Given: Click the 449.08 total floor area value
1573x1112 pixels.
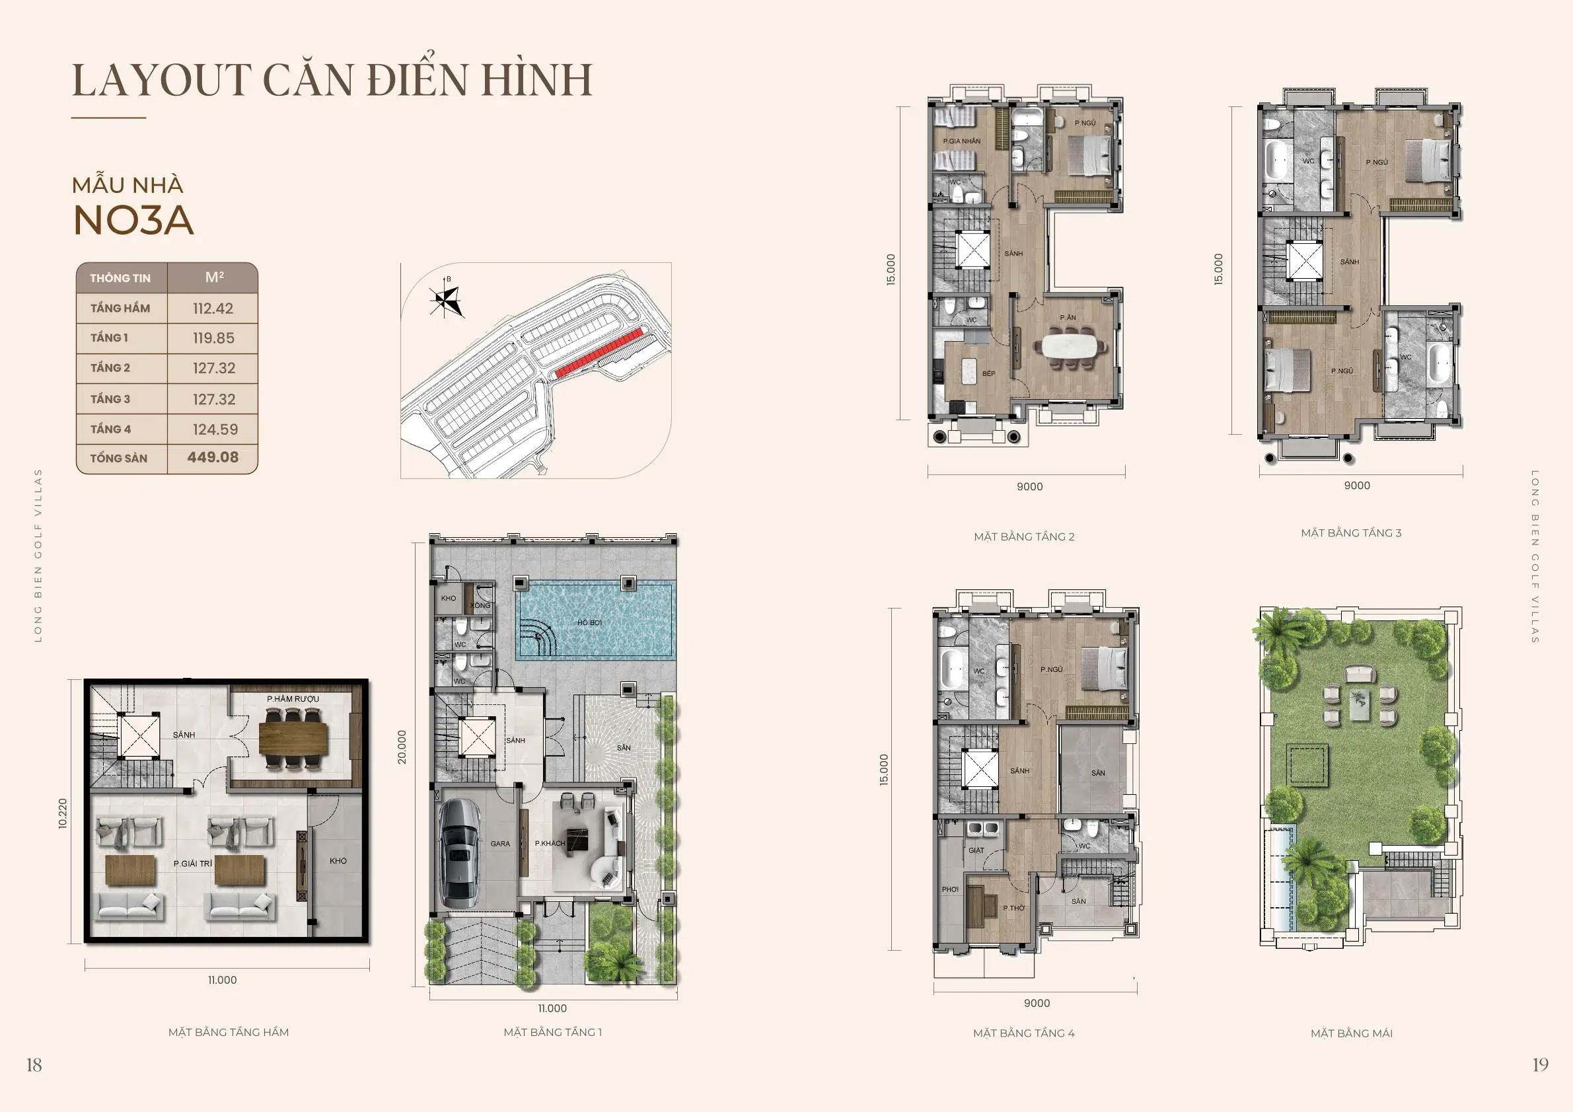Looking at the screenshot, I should [213, 457].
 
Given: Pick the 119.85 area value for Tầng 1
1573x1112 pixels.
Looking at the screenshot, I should [213, 338].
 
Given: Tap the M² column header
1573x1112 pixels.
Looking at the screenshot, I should [214, 277].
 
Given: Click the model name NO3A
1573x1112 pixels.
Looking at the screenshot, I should [133, 221].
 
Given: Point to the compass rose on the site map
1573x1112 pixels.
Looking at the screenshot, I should [446, 299].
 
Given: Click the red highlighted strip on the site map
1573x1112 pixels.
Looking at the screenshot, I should [599, 353].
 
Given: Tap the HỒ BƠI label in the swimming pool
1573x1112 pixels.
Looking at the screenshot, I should [589, 623].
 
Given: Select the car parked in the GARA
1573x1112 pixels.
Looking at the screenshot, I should [458, 852].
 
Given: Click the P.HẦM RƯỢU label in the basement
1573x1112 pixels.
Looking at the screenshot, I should [293, 699].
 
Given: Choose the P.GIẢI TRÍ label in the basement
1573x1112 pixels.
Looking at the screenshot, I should [192, 864].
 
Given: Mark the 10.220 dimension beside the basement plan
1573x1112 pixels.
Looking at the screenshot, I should [63, 813].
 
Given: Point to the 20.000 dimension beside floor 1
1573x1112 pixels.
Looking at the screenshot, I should [402, 747].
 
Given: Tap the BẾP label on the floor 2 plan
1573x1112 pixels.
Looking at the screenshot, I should [988, 373].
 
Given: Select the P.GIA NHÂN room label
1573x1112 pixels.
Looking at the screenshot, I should [961, 141].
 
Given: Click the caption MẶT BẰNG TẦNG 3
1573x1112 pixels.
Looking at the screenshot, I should [1351, 533].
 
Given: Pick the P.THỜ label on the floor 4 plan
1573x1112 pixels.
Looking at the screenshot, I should [1014, 908].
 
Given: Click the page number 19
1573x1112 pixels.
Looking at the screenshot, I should [1540, 1064].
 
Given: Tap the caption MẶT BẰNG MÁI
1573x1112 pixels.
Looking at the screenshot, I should [1351, 1033].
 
